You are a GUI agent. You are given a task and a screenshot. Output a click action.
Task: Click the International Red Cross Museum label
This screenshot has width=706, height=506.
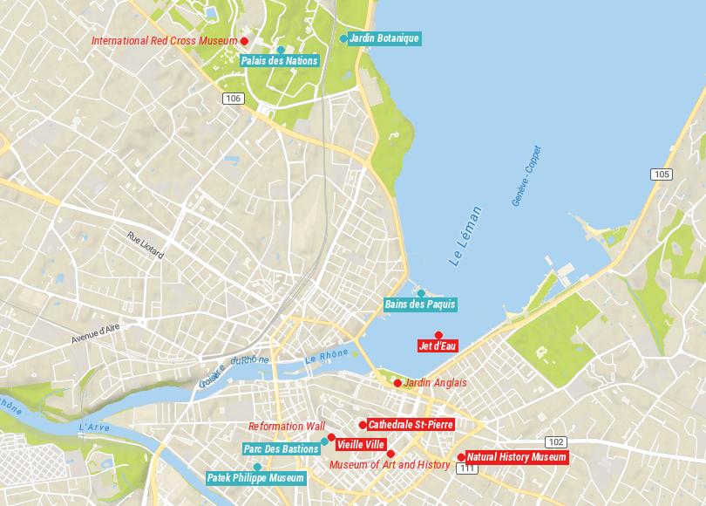[x=165, y=41]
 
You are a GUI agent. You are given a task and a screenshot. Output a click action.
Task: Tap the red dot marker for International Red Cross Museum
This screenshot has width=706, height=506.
[x=245, y=41]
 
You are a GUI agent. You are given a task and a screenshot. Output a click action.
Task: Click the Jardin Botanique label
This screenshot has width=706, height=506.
[x=384, y=38]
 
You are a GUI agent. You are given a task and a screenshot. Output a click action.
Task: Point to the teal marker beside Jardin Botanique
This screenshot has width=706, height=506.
[x=343, y=38]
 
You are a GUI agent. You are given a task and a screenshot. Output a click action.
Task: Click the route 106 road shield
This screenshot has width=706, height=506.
[x=232, y=99]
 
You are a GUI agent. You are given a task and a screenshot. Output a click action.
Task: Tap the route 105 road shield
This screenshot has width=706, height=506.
[x=662, y=174]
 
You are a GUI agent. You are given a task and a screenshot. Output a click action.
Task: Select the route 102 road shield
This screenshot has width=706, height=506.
[x=556, y=441]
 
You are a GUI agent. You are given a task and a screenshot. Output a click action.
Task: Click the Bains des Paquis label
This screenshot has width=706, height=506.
[x=420, y=304]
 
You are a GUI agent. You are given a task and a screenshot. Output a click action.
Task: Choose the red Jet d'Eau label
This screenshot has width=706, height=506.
[x=438, y=346]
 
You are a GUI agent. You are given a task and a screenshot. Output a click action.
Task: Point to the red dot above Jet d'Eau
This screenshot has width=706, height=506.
[x=438, y=334]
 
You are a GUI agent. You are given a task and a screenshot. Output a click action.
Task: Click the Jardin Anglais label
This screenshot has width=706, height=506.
[x=436, y=383]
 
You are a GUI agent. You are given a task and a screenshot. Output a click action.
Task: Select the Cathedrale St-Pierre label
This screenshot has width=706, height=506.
[x=411, y=425]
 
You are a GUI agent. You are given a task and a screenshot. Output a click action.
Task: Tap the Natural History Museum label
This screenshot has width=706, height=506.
[x=516, y=456]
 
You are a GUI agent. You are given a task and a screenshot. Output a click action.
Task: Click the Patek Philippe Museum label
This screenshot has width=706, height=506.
[x=256, y=478]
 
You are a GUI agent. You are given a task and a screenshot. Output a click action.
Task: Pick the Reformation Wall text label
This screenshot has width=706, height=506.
[x=286, y=427]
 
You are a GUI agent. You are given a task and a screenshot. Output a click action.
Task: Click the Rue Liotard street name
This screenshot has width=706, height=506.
[x=146, y=245]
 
